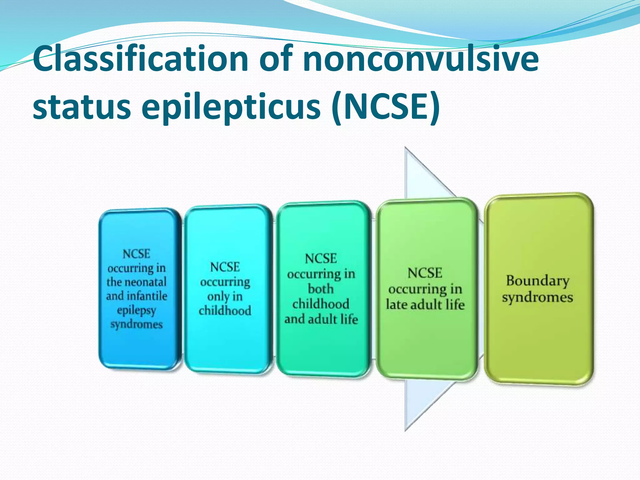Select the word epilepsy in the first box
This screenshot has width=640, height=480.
pyautogui.click(x=137, y=311)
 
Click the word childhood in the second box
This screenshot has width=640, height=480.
pyautogui.click(x=225, y=311)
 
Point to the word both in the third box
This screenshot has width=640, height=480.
pyautogui.click(x=321, y=288)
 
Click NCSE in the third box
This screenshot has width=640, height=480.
pyautogui.click(x=321, y=259)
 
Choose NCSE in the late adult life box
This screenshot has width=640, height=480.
pyautogui.click(x=425, y=273)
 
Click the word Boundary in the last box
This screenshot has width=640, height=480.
pyautogui.click(x=537, y=281)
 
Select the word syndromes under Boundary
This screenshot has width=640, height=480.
pyautogui.click(x=537, y=297)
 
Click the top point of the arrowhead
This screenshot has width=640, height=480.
pyautogui.click(x=405, y=148)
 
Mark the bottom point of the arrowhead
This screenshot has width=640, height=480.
pyautogui.click(x=405, y=431)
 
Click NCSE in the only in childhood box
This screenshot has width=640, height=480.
pyautogui.click(x=225, y=267)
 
